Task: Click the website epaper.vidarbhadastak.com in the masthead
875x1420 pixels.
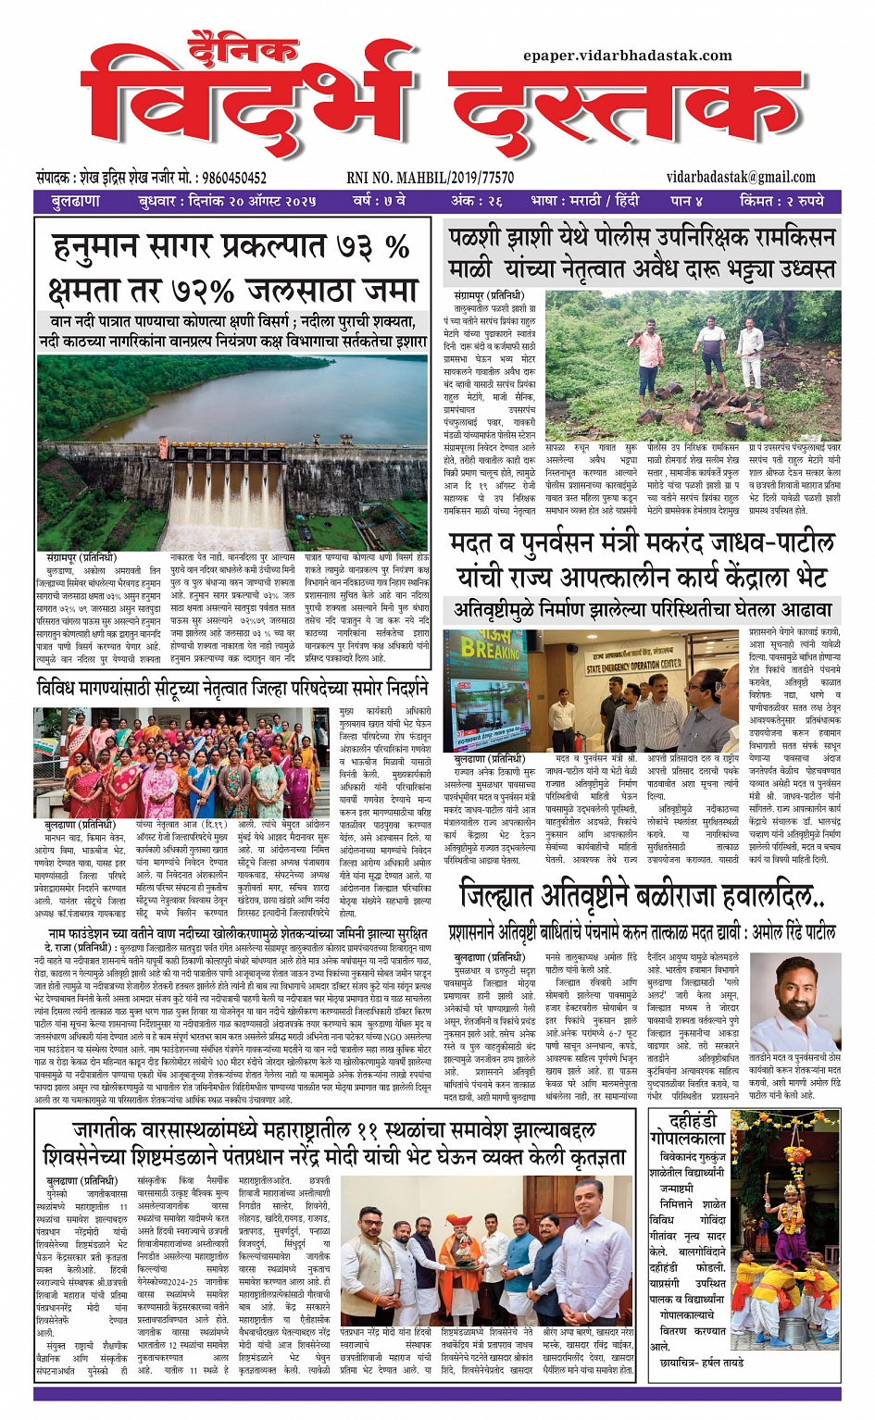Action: point(627,56)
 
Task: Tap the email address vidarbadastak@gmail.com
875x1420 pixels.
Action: point(740,177)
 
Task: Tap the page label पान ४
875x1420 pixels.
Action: point(686,201)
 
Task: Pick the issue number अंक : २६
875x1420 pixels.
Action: point(476,201)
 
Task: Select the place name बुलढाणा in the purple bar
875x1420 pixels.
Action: point(76,201)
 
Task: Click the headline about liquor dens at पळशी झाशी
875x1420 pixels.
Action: point(641,253)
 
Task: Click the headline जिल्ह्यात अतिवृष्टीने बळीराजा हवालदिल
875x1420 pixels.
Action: point(641,895)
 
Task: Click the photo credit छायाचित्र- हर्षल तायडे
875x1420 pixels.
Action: point(701,1363)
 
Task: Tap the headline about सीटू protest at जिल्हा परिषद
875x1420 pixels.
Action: point(232,688)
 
